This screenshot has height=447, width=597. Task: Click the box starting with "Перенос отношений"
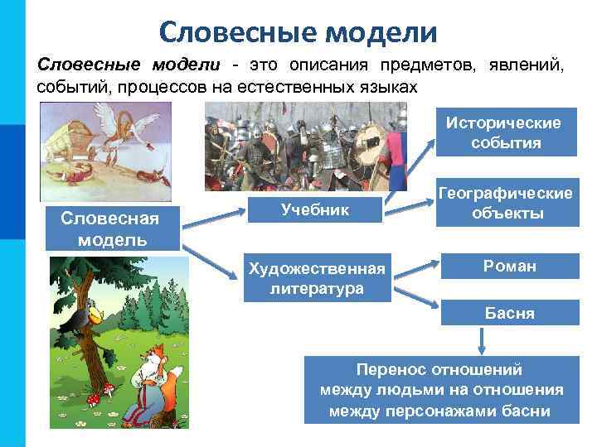point(441,390)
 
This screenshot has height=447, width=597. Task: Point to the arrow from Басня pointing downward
point(482,341)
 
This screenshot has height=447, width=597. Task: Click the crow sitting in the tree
point(84,317)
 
